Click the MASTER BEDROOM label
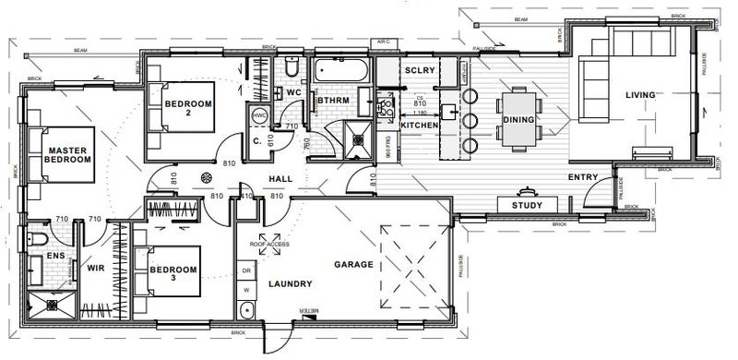pyautogui.click(x=69, y=155)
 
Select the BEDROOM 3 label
pyautogui.click(x=173, y=274)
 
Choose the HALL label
pyautogui.click(x=280, y=179)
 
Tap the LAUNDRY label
pyautogui.click(x=288, y=286)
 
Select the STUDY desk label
pyautogui.click(x=526, y=205)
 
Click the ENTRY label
pyautogui.click(x=583, y=177)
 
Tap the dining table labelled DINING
pyautogui.click(x=518, y=120)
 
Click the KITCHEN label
pyautogui.click(x=419, y=124)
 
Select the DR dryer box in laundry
pyautogui.click(x=246, y=270)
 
